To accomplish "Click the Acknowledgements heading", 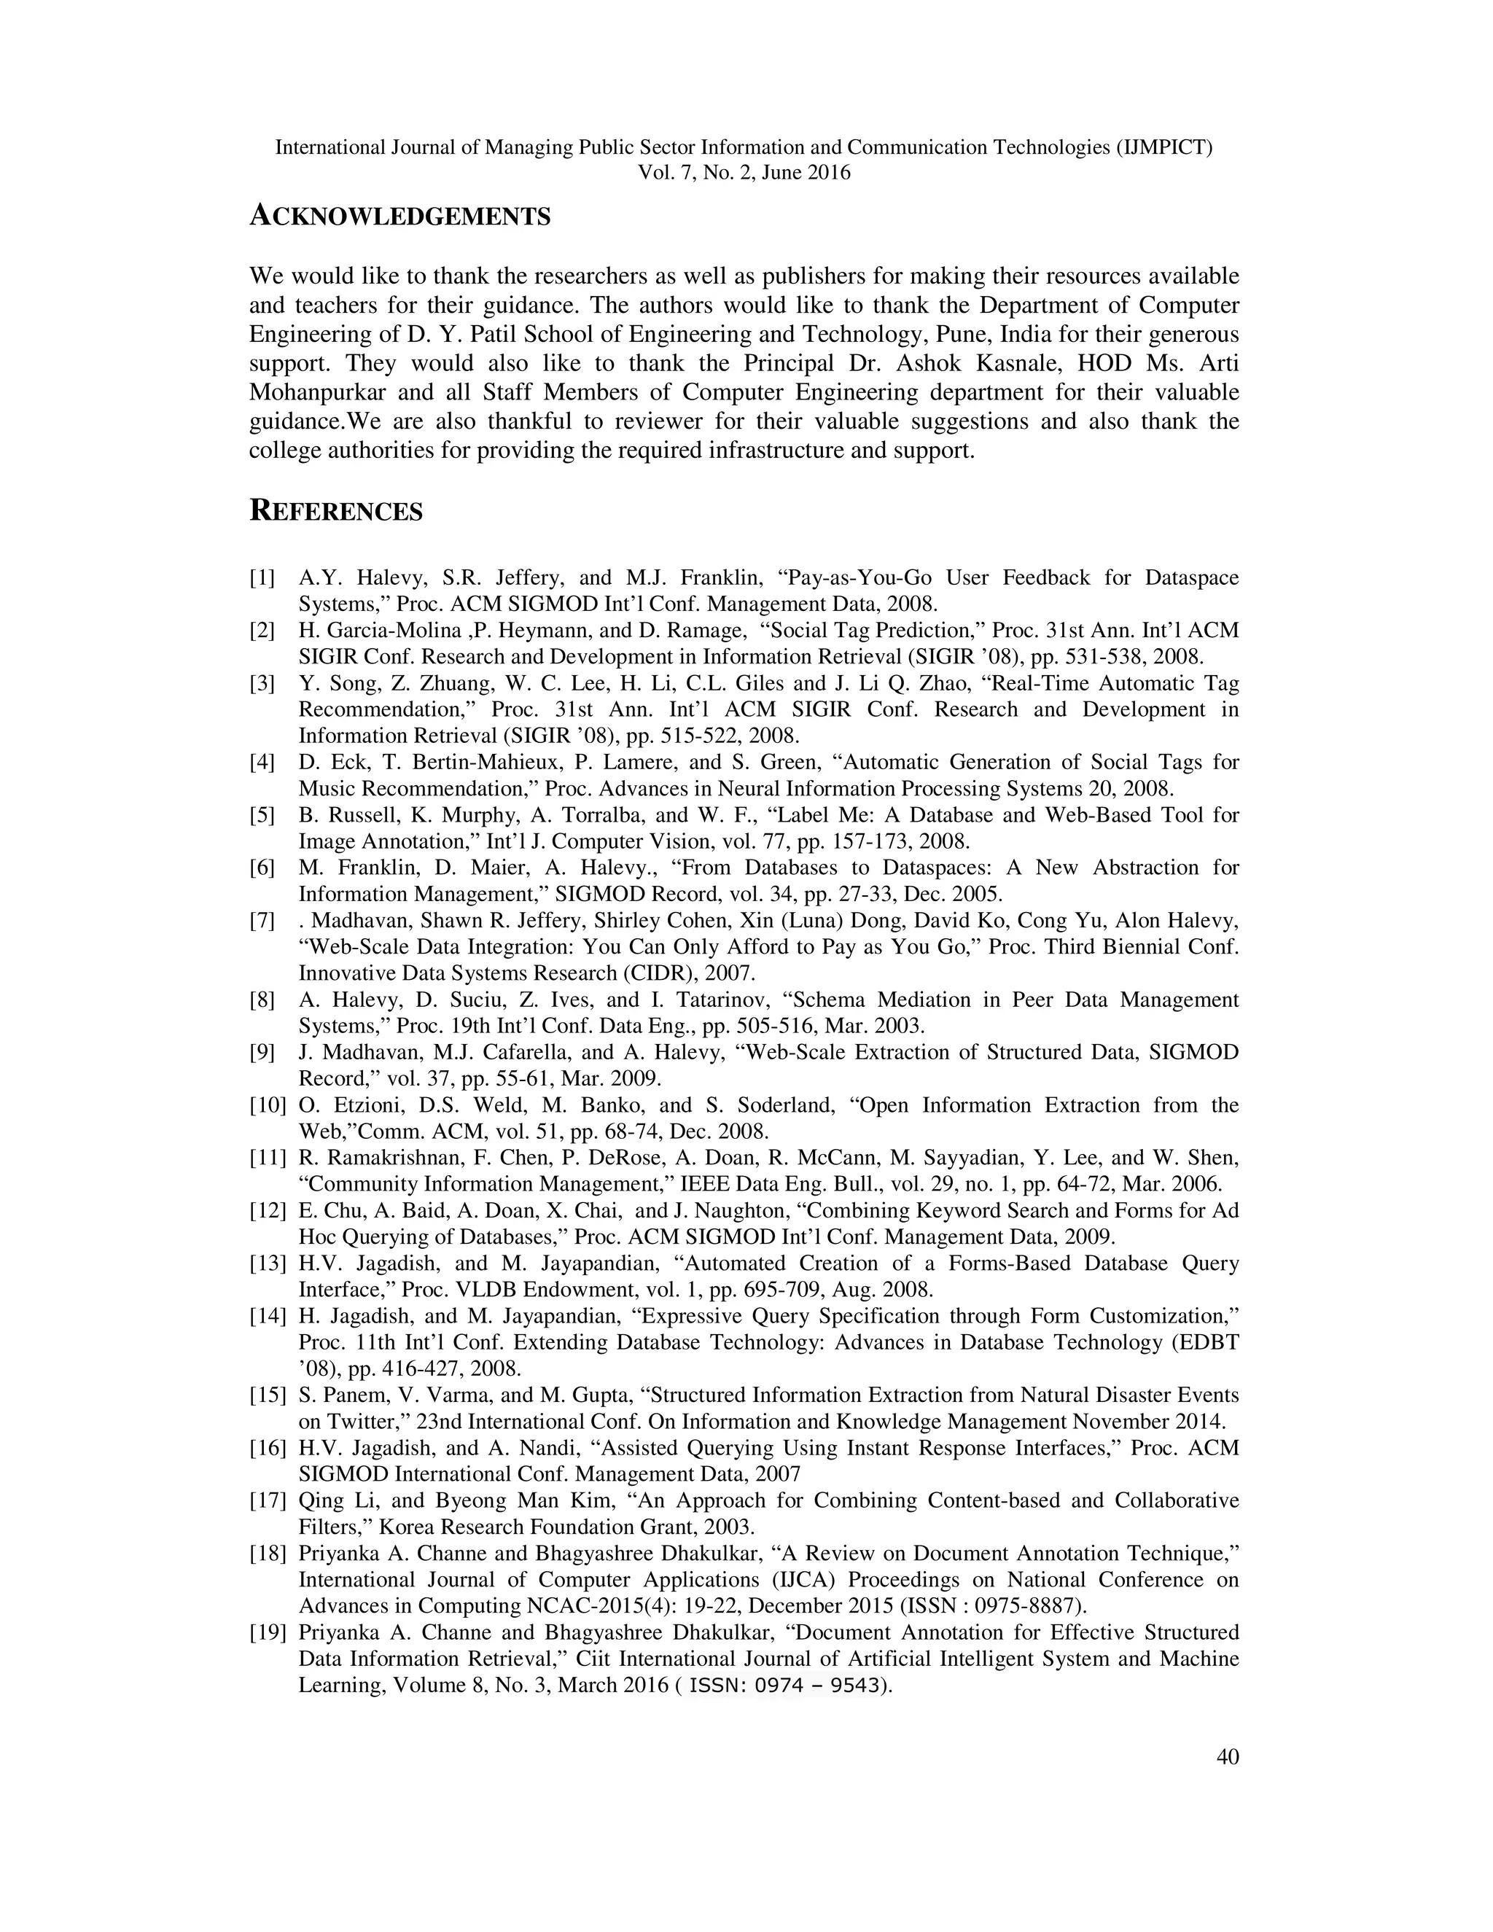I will (x=399, y=216).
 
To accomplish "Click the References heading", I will (x=336, y=511).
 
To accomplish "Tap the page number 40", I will (x=1228, y=1782).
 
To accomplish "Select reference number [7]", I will (x=262, y=921).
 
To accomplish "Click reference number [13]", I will (x=267, y=1263).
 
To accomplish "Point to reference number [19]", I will (x=267, y=1632).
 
